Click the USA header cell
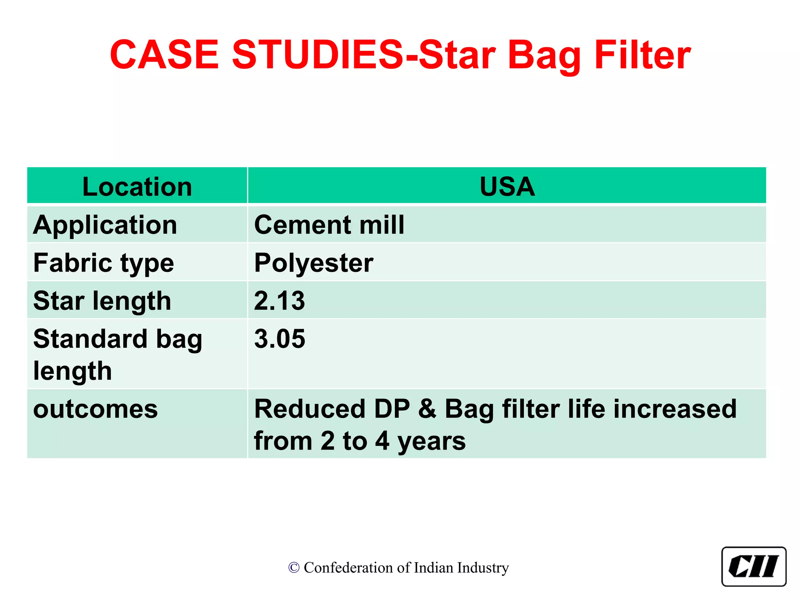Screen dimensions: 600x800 tap(507, 186)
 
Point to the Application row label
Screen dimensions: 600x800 tap(105, 225)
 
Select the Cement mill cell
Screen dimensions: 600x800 tap(329, 225)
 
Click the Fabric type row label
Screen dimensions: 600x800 tap(104, 263)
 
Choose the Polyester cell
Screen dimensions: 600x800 tap(314, 263)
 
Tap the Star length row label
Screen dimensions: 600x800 tap(102, 301)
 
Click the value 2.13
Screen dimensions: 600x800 tap(279, 301)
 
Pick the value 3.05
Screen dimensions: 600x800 tap(279, 339)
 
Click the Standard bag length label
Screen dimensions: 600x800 tap(117, 354)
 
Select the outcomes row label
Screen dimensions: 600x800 tap(95, 409)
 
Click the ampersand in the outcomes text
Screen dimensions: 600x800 tap(427, 409)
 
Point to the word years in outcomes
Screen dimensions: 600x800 tap(431, 441)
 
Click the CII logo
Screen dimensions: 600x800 tap(754, 566)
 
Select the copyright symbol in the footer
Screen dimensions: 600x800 tap(294, 568)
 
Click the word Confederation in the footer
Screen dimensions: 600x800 tap(348, 568)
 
